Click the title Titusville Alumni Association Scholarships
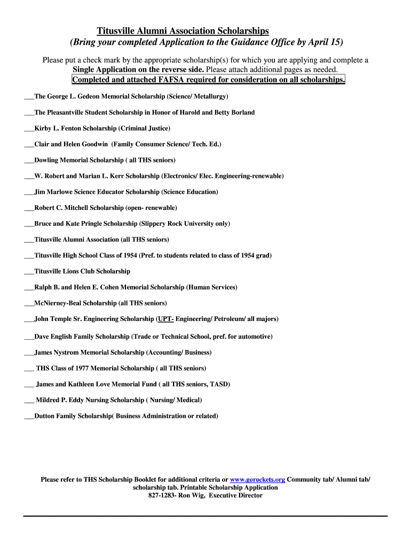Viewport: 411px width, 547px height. (x=183, y=32)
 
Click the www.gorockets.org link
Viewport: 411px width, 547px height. (x=257, y=480)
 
